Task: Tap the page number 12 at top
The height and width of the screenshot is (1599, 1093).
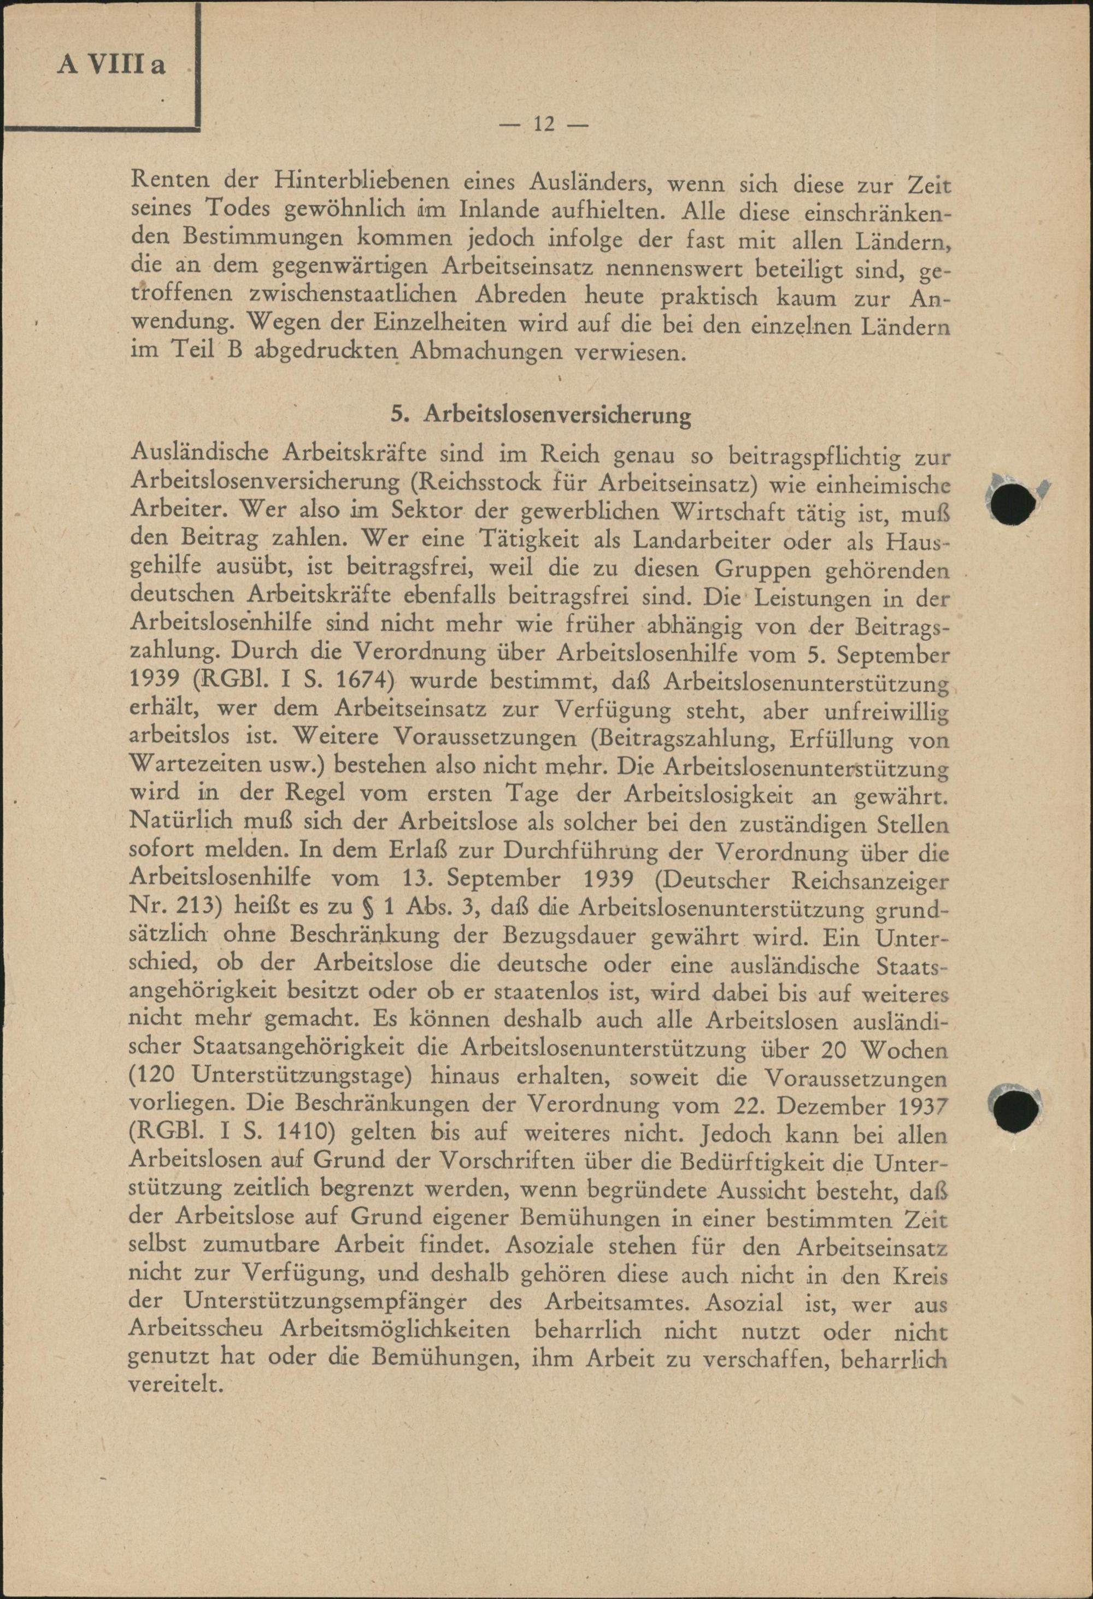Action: point(543,124)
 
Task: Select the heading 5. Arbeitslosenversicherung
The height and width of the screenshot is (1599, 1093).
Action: point(540,415)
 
